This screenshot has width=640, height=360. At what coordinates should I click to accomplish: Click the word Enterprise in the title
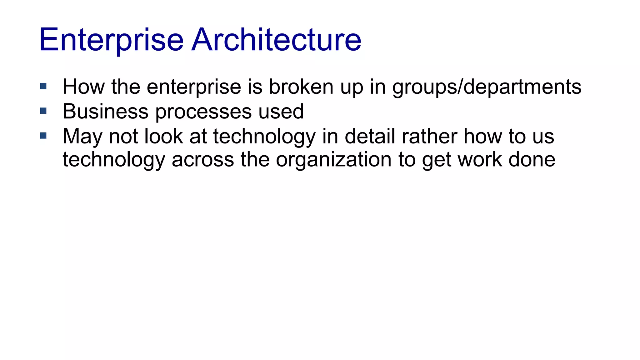(x=111, y=40)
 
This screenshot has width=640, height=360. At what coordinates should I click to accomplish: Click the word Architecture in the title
(x=276, y=40)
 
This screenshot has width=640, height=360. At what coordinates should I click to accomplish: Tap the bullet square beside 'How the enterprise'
(x=43, y=86)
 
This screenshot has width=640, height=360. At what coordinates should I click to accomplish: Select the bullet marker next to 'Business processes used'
(x=43, y=111)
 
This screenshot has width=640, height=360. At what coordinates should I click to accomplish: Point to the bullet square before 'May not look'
(x=43, y=136)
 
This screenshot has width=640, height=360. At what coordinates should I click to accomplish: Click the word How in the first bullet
(x=83, y=87)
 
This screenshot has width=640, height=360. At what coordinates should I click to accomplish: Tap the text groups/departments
(x=487, y=87)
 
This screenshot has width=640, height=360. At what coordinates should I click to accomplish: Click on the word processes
(x=203, y=112)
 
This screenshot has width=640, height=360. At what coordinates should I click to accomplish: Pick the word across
(x=203, y=160)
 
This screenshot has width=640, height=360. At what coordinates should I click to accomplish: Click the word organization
(x=334, y=160)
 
